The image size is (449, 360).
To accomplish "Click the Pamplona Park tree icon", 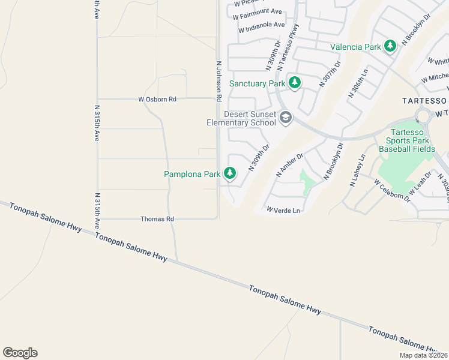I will point(230,173).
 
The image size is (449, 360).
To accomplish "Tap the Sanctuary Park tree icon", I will point(294,83).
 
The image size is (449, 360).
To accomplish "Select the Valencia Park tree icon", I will point(390,46).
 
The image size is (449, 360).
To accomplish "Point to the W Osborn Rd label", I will point(157,99).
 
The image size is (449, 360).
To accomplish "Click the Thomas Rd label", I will point(157,220).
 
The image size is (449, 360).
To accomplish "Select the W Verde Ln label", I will point(283,210).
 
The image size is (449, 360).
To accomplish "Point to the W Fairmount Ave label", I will point(258,11).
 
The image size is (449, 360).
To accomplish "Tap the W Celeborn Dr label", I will point(391,190).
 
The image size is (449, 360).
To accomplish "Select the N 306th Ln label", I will point(358,83).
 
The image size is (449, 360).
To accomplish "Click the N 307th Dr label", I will point(330,74).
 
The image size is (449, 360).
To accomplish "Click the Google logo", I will point(20,353).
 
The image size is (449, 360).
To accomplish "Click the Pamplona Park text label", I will point(193,174).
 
